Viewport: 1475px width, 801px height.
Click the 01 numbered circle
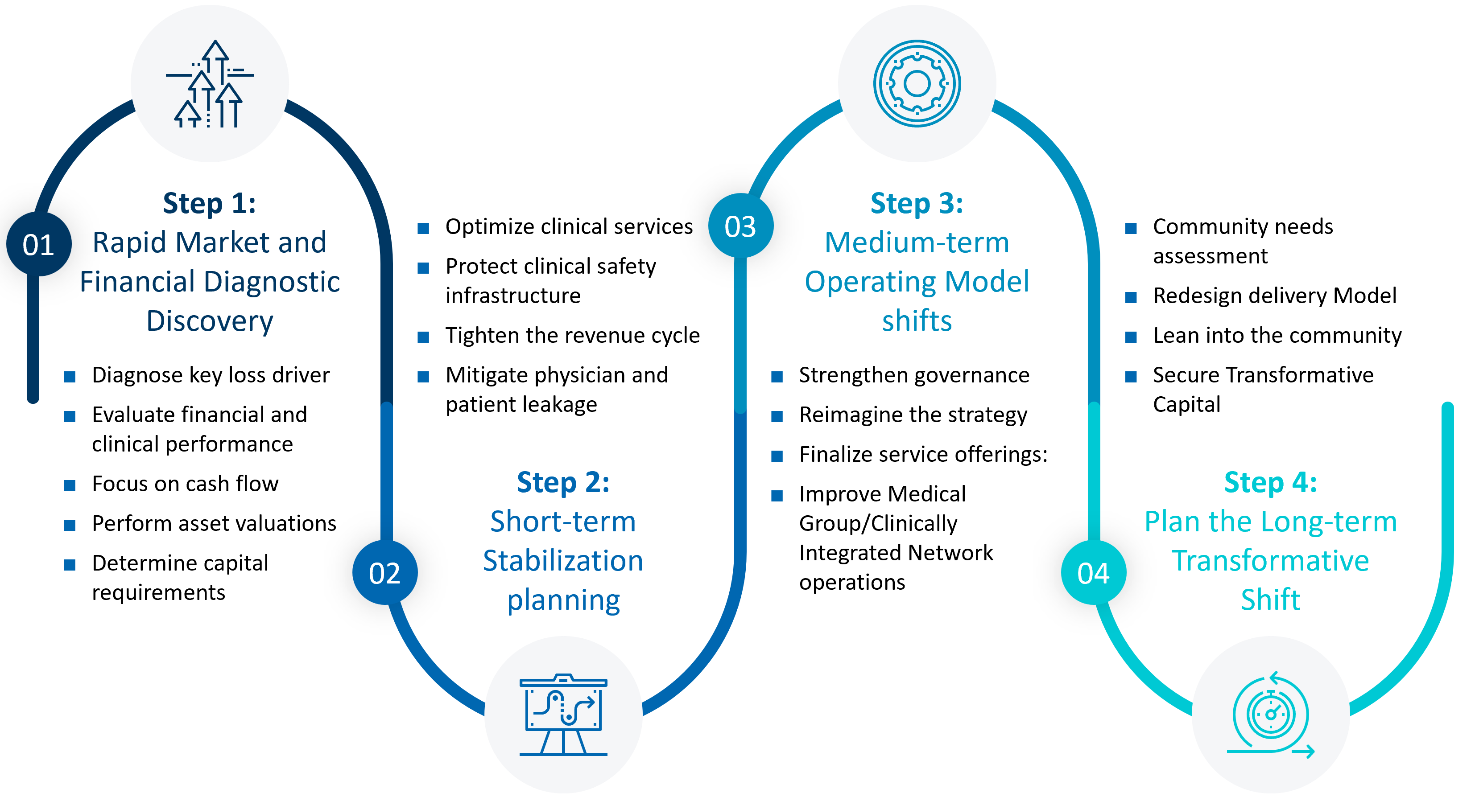[x=38, y=244]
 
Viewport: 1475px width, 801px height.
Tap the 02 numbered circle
[x=385, y=573]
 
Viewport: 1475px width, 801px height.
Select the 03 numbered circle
[x=740, y=226]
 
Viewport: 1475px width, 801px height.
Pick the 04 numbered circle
[x=1093, y=573]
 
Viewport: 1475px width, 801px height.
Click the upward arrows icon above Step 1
[x=210, y=83]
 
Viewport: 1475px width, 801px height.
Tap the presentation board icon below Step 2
[x=563, y=715]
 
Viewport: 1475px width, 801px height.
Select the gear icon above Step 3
[x=917, y=83]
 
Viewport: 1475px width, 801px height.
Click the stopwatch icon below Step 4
[x=1271, y=715]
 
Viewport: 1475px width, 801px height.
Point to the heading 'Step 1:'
[x=209, y=203]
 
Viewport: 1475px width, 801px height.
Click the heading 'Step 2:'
[x=563, y=482]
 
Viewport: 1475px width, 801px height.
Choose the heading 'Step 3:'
[x=917, y=203]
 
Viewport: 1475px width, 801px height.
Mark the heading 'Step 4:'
[x=1271, y=482]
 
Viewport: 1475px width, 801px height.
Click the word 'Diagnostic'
[x=272, y=282]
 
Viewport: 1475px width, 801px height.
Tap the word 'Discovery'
[x=210, y=321]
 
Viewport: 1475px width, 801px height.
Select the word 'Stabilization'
[x=563, y=561]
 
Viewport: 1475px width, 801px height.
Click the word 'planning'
[x=563, y=600]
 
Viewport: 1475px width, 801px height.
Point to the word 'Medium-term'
[x=917, y=242]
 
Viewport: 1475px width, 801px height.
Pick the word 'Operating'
[x=870, y=282]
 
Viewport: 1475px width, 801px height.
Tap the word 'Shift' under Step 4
[x=1271, y=600]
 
